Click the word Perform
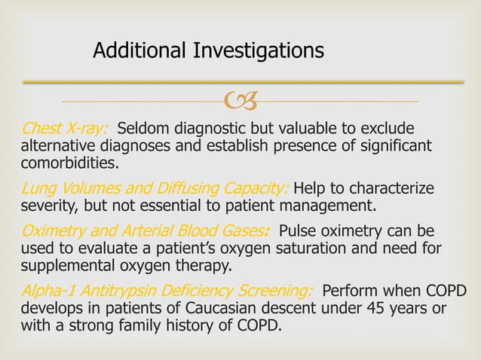[352, 291]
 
